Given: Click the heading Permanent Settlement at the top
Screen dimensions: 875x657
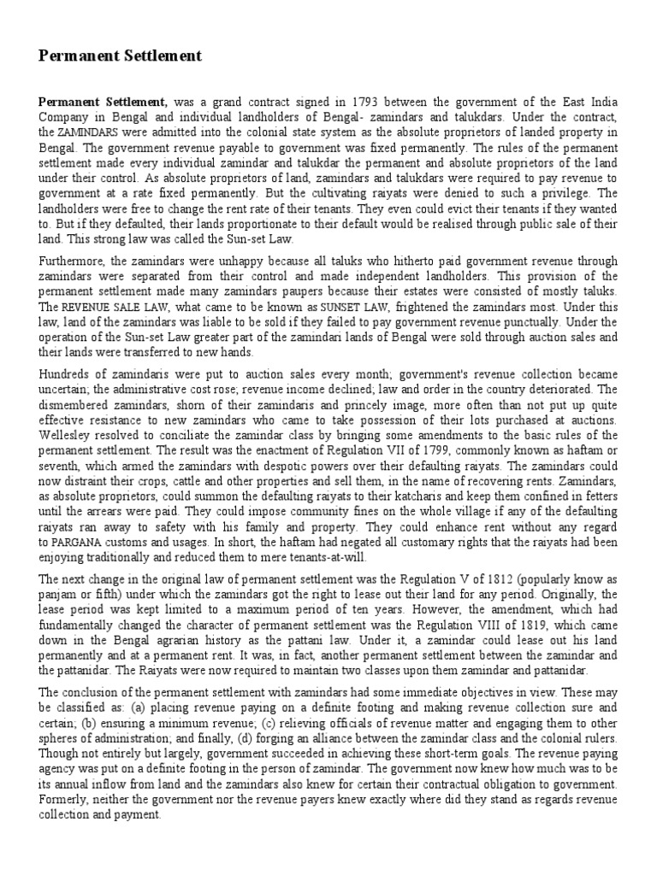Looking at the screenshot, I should coord(121,56).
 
